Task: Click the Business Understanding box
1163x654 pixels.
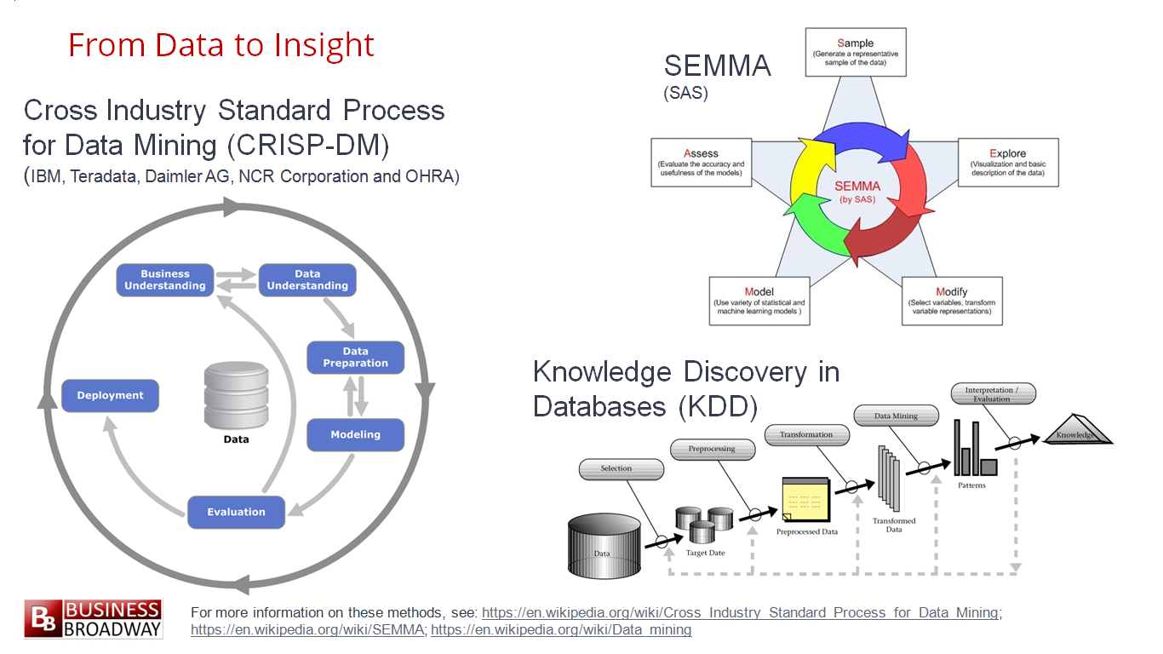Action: click(165, 280)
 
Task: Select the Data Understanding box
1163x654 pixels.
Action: click(307, 280)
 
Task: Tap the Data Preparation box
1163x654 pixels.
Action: click(356, 358)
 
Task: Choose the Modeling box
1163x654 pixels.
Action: click(356, 435)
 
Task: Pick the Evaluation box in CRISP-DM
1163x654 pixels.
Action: click(236, 512)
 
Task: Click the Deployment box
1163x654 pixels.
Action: click(110, 396)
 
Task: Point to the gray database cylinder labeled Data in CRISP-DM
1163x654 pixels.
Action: click(236, 396)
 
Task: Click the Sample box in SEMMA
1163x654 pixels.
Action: click(856, 53)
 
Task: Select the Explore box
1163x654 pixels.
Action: click(1008, 163)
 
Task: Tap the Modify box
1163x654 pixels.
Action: click(952, 301)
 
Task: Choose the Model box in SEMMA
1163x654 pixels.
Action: click(759, 301)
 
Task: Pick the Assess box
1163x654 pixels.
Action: click(701, 163)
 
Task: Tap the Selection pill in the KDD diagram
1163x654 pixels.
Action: click(622, 469)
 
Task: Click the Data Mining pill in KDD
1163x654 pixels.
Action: click(897, 416)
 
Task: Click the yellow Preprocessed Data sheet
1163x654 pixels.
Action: click(805, 500)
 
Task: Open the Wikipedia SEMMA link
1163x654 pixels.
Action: click(307, 630)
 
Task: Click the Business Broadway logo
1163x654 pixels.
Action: click(93, 619)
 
